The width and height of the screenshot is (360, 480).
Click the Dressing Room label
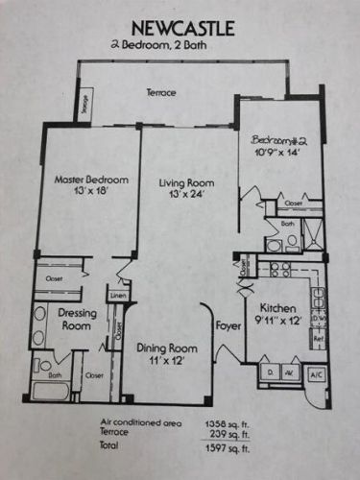tap(74, 319)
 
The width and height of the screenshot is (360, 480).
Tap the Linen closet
tap(117, 295)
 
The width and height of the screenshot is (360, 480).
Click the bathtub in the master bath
tap(47, 392)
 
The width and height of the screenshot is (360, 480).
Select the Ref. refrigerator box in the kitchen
tap(317, 341)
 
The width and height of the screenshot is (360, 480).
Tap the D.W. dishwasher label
tap(317, 319)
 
